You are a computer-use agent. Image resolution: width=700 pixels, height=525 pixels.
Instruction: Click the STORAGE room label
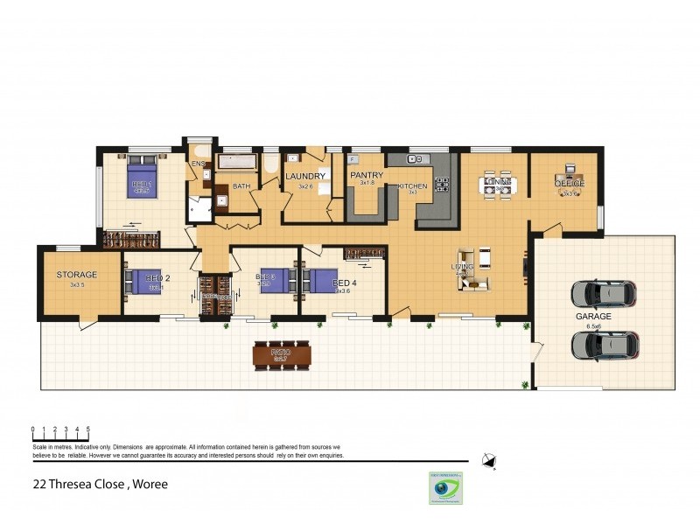click(x=76, y=275)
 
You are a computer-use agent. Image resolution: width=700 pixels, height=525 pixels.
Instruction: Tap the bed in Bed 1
click(x=143, y=180)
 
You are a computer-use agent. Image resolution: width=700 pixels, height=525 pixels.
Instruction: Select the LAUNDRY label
click(x=305, y=177)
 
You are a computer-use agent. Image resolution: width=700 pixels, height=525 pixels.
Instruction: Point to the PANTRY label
click(x=367, y=176)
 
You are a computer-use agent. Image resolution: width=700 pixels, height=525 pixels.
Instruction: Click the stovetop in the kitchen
click(x=442, y=185)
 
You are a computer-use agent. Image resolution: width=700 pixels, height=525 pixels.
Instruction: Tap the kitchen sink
click(x=416, y=159)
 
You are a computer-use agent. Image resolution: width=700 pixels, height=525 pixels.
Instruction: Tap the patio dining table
click(x=281, y=354)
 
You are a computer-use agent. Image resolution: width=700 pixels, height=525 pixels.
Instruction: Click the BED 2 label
click(x=157, y=276)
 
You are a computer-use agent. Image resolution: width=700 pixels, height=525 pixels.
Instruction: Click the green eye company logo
click(x=445, y=487)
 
